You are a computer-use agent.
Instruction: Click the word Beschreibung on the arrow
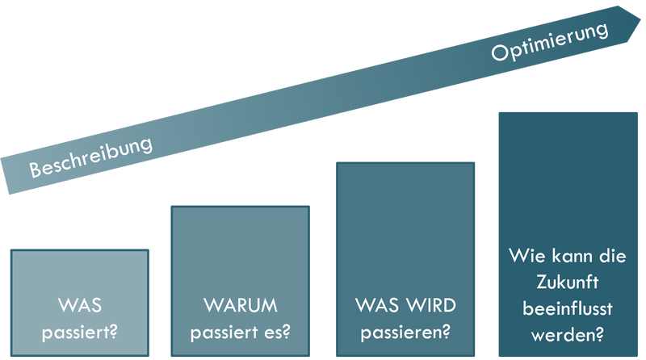pyautogui.click(x=90, y=158)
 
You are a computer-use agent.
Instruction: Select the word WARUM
pyautogui.click(x=240, y=307)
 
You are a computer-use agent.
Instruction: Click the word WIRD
pyautogui.click(x=428, y=307)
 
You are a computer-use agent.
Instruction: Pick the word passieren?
pyautogui.click(x=405, y=331)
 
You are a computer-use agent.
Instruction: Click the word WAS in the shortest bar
pyautogui.click(x=79, y=307)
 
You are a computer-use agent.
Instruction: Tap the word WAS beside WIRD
pyautogui.click(x=375, y=307)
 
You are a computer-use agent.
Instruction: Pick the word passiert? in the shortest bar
pyautogui.click(x=79, y=331)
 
